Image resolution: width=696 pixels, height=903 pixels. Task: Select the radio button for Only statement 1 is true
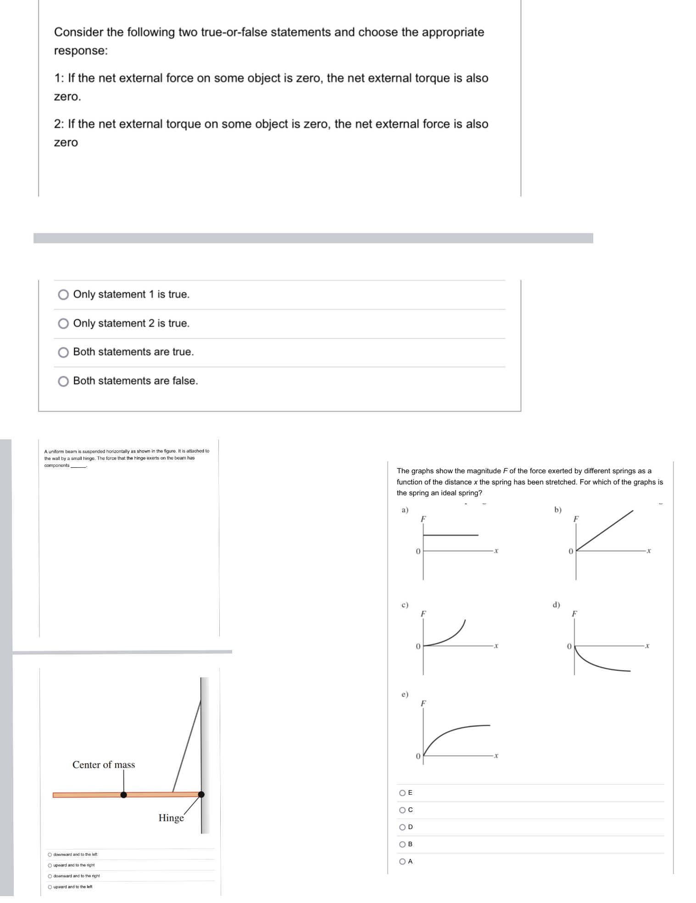pyautogui.click(x=63, y=294)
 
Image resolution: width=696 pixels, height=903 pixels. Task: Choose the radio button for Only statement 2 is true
pyautogui.click(x=63, y=323)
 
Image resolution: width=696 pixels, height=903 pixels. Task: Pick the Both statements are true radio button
pyautogui.click(x=63, y=352)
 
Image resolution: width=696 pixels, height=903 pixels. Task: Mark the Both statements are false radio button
pyautogui.click(x=63, y=381)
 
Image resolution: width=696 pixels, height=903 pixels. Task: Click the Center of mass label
pyautogui.click(x=104, y=765)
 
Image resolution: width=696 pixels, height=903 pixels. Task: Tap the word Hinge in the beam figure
pyautogui.click(x=171, y=818)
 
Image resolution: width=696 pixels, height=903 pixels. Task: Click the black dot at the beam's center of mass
pyautogui.click(x=123, y=795)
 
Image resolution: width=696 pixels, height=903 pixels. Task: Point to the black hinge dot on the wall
pyautogui.click(x=201, y=794)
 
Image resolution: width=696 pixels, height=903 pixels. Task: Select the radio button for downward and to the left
pyautogui.click(x=50, y=854)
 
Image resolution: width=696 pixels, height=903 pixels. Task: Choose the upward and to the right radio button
pyautogui.click(x=50, y=865)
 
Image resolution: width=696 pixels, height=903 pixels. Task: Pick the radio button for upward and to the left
pyautogui.click(x=50, y=886)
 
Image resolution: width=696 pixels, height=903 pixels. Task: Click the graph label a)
pyautogui.click(x=405, y=510)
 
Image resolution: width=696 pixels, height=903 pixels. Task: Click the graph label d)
pyautogui.click(x=556, y=604)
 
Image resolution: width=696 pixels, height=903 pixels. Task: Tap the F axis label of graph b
pyautogui.click(x=576, y=519)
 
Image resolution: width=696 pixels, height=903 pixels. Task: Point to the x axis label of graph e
pyautogui.click(x=496, y=755)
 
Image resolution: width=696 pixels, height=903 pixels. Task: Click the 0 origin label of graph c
pyautogui.click(x=418, y=646)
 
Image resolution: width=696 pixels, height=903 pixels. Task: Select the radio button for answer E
pyautogui.click(x=402, y=792)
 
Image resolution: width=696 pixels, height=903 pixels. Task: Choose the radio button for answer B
pyautogui.click(x=402, y=844)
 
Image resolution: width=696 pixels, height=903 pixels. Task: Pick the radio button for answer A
pyautogui.click(x=402, y=861)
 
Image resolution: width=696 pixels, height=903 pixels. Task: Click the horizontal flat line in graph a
pyautogui.click(x=451, y=535)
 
